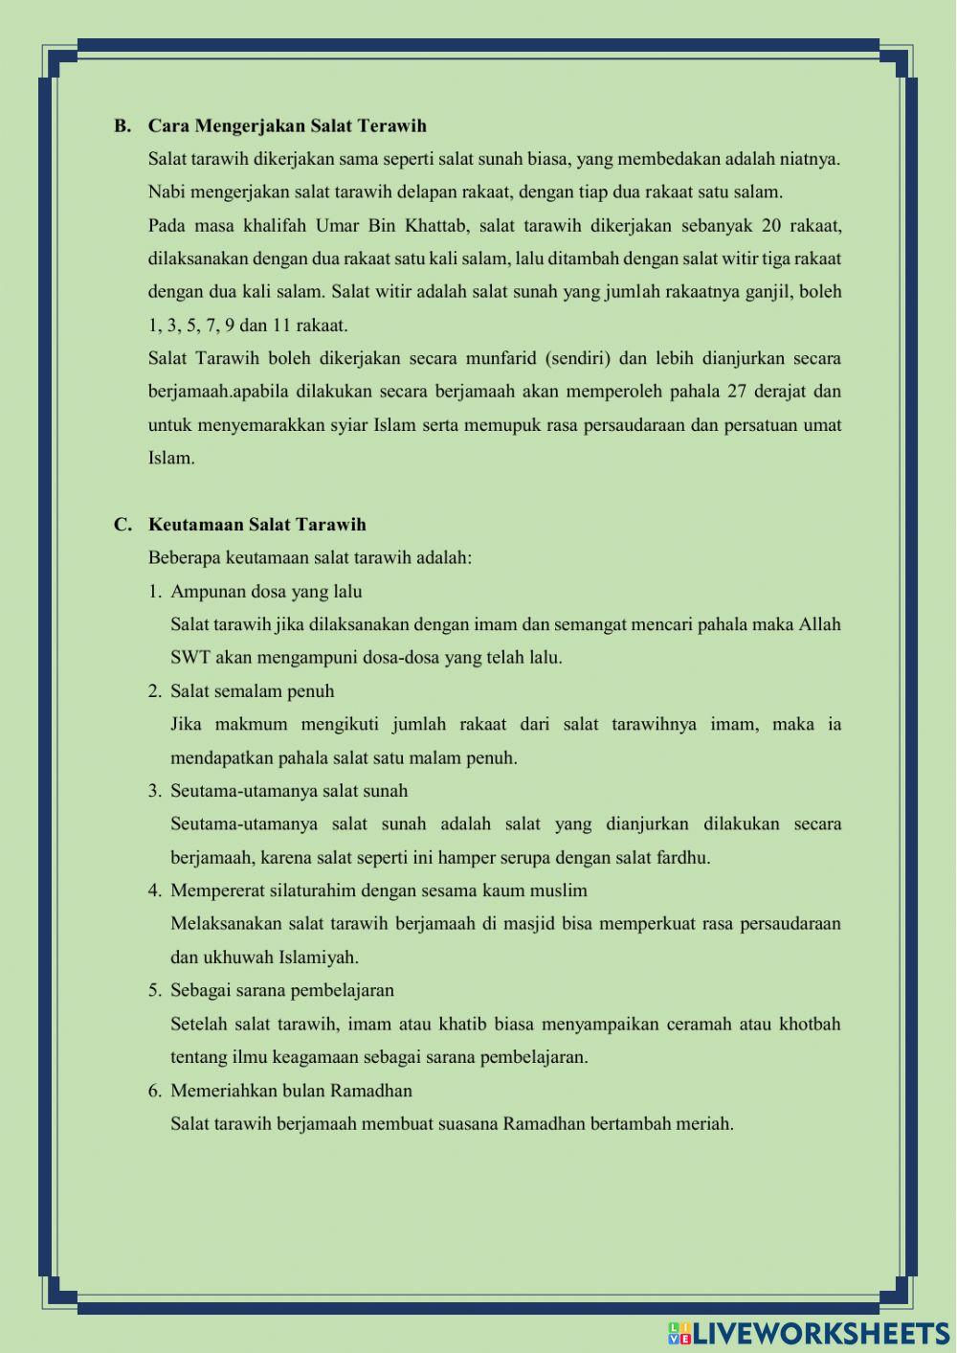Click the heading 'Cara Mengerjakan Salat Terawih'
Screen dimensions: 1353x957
287,125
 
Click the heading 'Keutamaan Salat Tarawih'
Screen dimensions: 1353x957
256,524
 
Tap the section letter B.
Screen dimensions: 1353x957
122,125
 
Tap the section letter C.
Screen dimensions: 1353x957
122,524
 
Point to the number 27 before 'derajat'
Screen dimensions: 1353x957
736,391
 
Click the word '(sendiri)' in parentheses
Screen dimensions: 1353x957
577,358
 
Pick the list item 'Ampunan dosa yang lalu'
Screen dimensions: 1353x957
266,591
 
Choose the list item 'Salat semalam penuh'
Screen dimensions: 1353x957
252,690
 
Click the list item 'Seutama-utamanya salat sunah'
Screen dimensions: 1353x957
288,790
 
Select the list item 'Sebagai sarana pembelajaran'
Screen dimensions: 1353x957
281,990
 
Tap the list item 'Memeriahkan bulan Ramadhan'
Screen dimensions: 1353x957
291,1090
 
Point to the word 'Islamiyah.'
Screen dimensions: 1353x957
319,957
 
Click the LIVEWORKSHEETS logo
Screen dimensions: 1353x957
809,1333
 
